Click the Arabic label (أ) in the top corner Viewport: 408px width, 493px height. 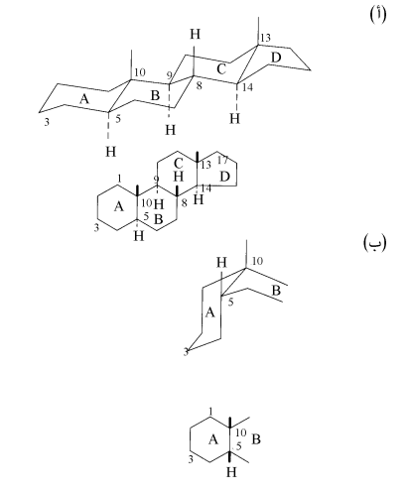(377, 15)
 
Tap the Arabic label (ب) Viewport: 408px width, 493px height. (375, 242)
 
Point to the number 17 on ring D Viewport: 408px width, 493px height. (222, 160)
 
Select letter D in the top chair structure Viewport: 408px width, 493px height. (276, 58)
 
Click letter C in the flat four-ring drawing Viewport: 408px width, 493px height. (178, 164)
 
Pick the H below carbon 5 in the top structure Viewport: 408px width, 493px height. (111, 152)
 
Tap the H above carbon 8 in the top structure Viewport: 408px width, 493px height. (196, 34)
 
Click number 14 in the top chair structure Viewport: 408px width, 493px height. (247, 87)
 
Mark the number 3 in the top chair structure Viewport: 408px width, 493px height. (47, 122)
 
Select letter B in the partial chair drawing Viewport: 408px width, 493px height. (276, 291)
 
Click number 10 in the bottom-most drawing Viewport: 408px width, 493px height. (241, 432)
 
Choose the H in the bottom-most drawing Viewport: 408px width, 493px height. (231, 472)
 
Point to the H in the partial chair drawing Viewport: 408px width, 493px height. (221, 263)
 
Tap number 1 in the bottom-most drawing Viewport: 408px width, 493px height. (210, 411)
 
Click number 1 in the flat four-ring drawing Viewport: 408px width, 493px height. (119, 179)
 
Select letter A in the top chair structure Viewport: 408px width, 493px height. (84, 98)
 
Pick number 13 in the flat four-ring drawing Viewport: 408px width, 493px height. (205, 165)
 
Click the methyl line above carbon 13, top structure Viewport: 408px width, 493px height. (258, 31)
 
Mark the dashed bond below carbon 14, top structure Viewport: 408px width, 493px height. (236, 98)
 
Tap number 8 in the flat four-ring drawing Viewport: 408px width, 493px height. (185, 202)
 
